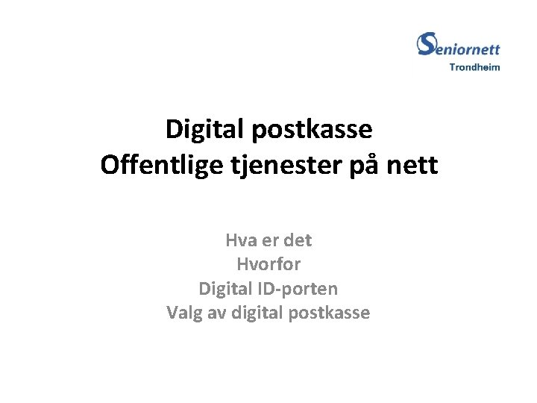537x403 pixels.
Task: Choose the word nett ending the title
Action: coord(418,165)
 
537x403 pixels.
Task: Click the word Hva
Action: coord(240,241)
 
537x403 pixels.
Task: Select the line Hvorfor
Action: coord(268,264)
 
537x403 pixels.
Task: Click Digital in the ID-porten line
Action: coord(224,288)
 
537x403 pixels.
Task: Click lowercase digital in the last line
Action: coord(256,313)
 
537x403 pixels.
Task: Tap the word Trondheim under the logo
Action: coord(474,67)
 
